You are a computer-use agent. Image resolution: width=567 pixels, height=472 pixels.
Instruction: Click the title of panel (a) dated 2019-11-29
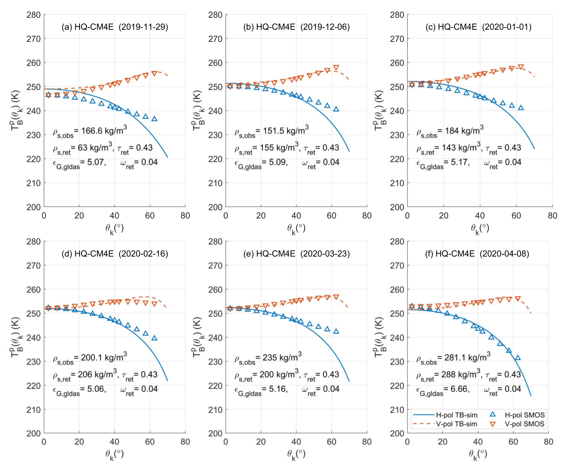click(115, 27)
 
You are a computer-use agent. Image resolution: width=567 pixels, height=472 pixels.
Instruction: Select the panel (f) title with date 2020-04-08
click(477, 254)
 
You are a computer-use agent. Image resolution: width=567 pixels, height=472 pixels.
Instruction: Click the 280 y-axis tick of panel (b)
click(215, 15)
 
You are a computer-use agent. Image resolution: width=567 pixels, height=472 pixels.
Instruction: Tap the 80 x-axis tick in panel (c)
click(552, 216)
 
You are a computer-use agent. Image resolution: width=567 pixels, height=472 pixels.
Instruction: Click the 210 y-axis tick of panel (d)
click(34, 410)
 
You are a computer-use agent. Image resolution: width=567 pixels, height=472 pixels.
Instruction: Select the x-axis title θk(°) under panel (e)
click(296, 454)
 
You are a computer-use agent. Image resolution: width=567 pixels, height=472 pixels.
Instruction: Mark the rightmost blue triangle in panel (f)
click(518, 358)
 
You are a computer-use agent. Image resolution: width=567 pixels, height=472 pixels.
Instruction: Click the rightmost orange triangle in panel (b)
click(336, 67)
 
